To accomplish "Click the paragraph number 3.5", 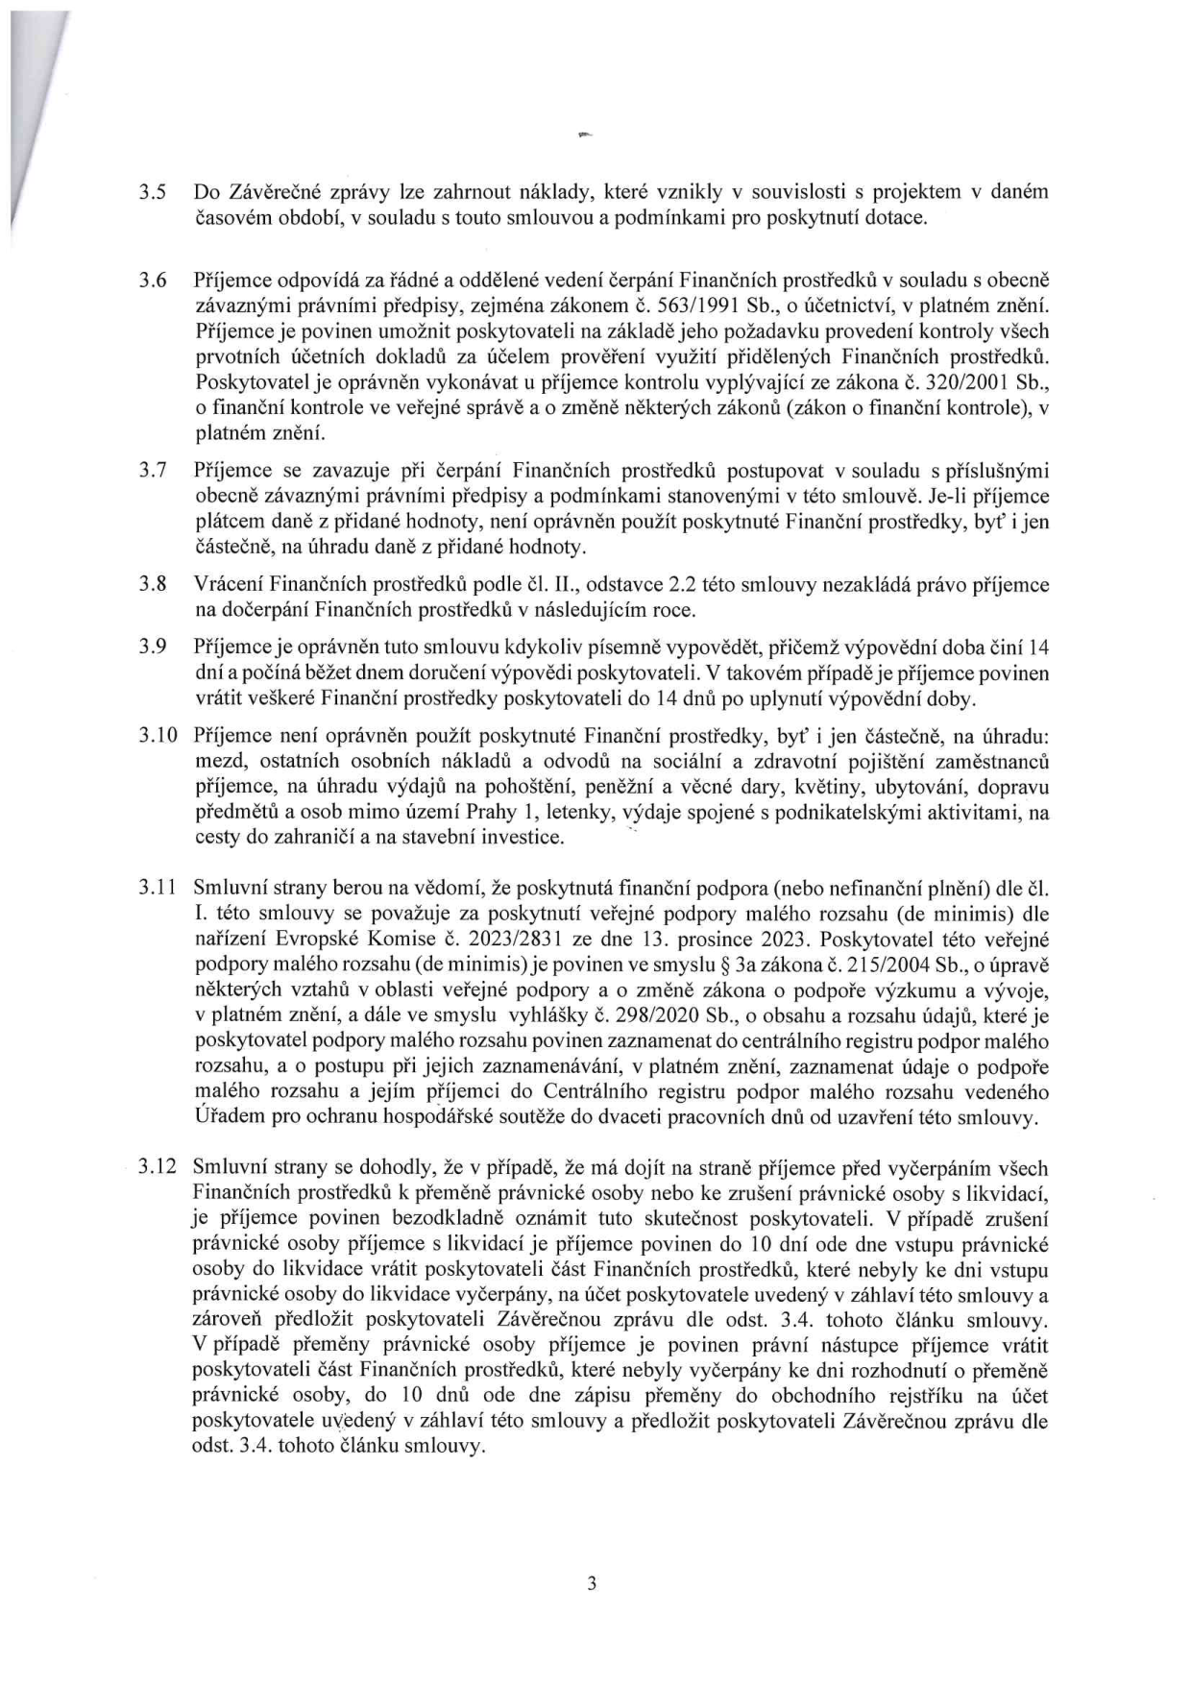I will pyautogui.click(x=154, y=192).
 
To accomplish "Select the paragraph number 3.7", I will pyautogui.click(x=154, y=472).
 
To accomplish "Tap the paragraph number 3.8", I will pyautogui.click(x=154, y=584).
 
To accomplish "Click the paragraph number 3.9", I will pyautogui.click(x=154, y=647).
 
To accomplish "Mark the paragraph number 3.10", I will pyautogui.click(x=158, y=736).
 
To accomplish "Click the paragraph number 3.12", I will pyautogui.click(x=158, y=1168).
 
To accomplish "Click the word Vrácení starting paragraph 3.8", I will pyautogui.click(x=228, y=584).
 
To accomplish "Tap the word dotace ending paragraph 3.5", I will pyautogui.click(x=900, y=217).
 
